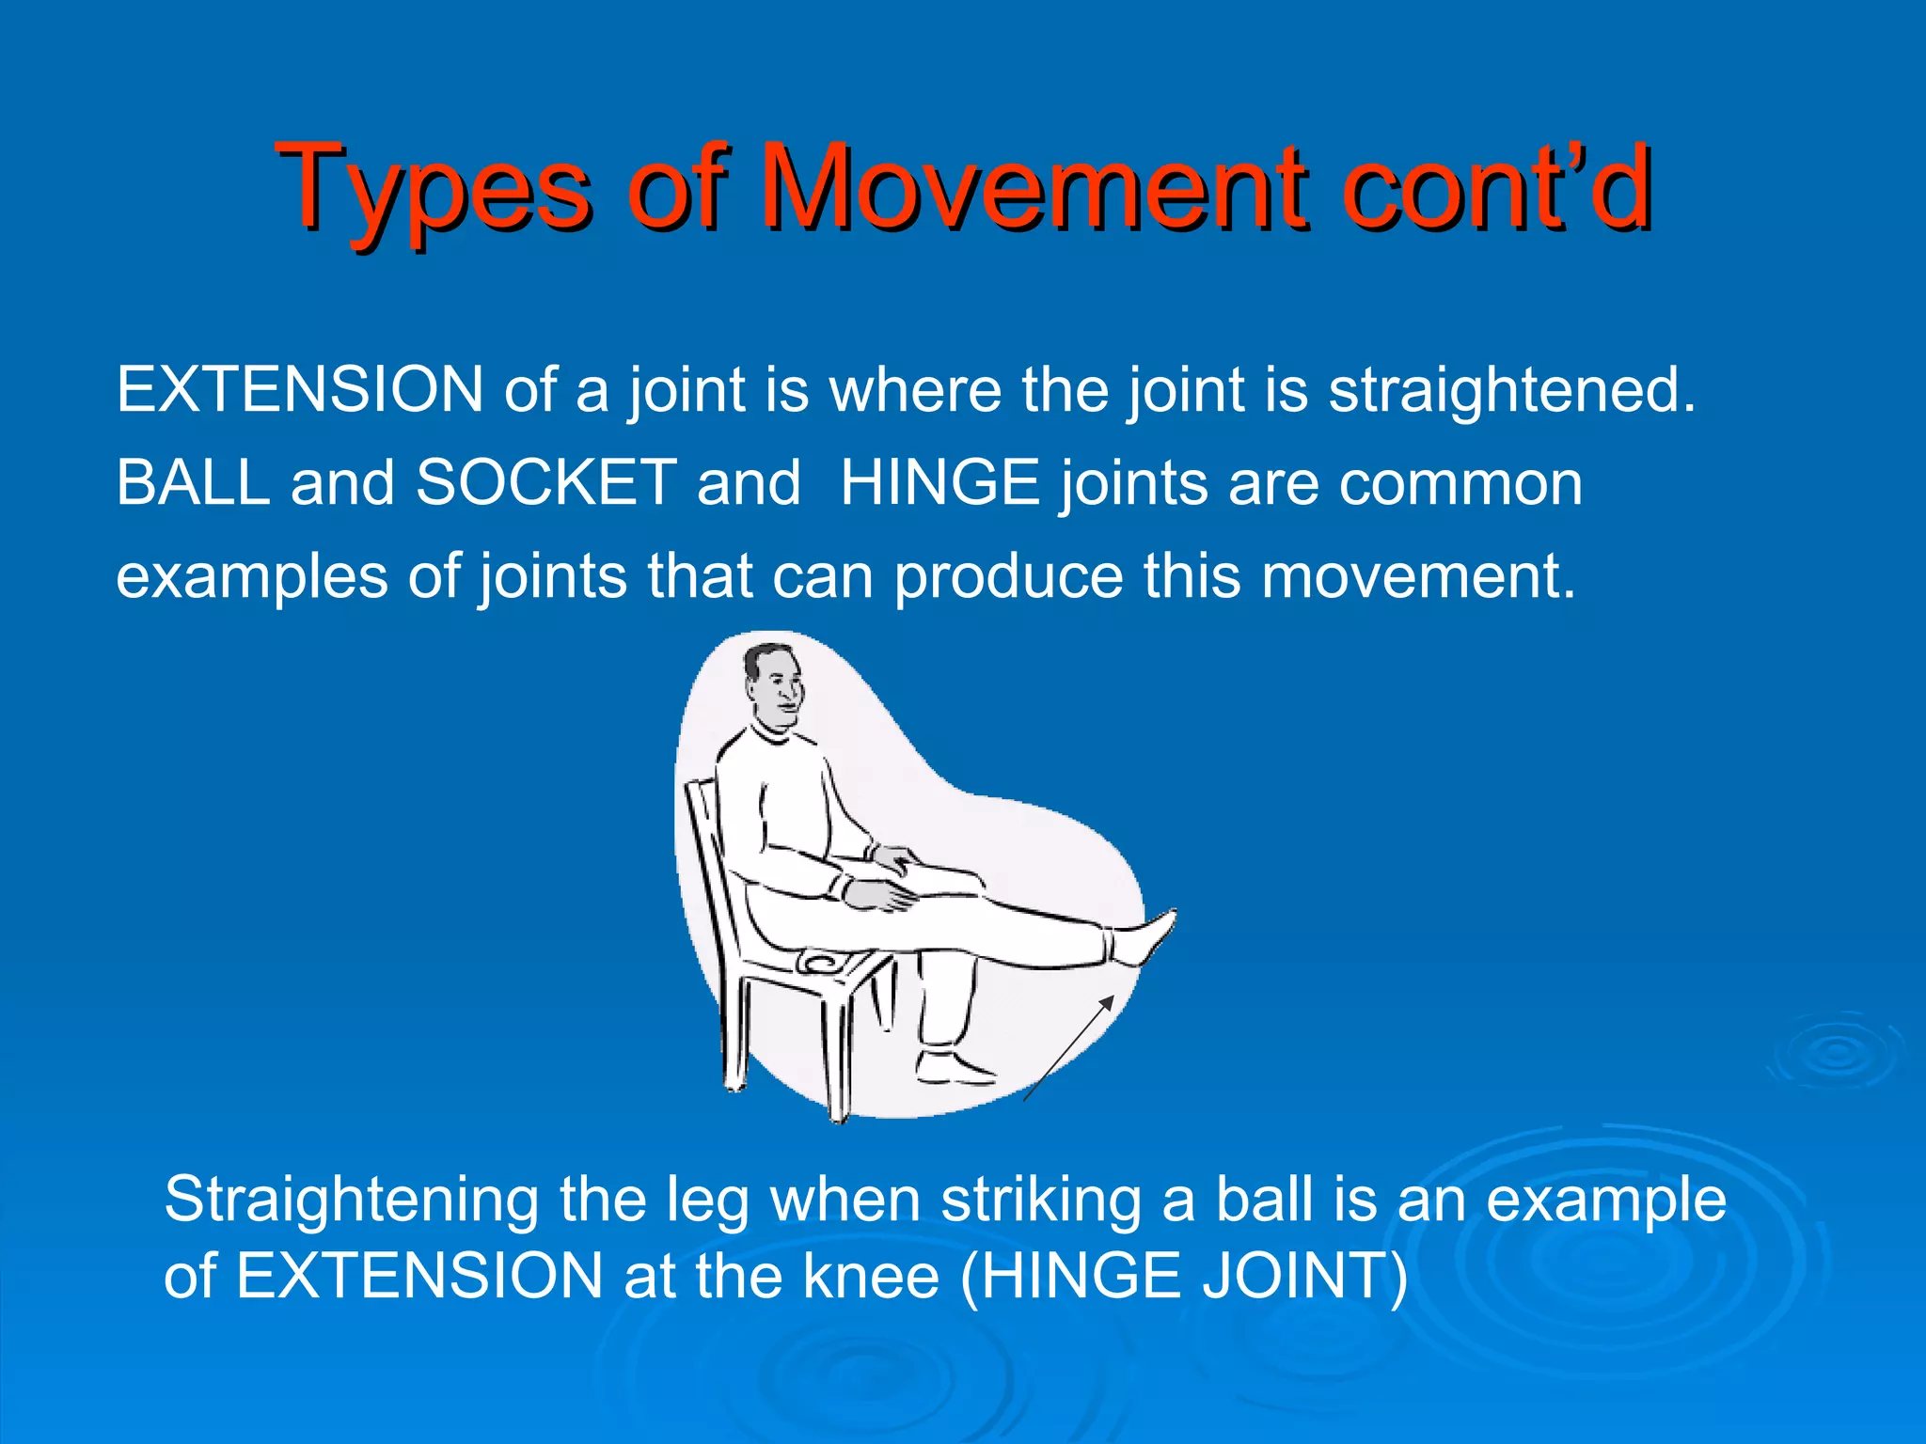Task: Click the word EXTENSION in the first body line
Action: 300,389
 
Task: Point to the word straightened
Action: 1511,389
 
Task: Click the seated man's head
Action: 774,683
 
